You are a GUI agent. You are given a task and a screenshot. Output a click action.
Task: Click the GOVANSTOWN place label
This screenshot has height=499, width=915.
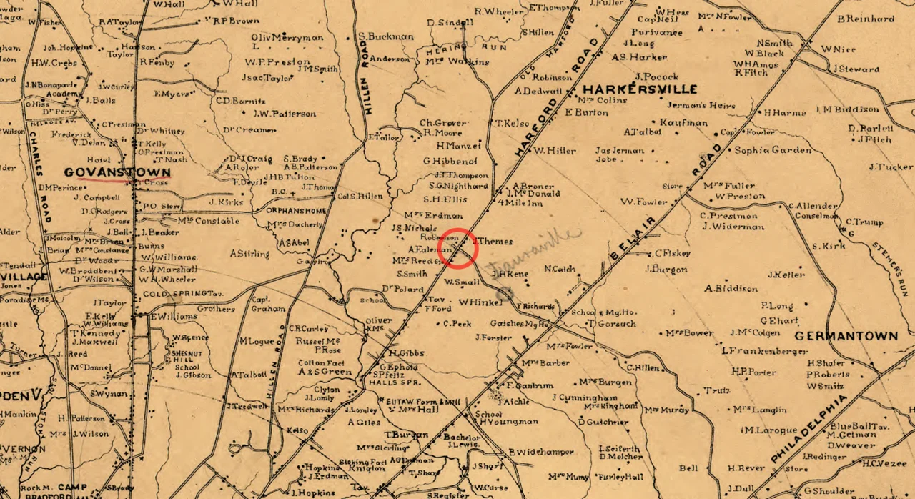point(117,172)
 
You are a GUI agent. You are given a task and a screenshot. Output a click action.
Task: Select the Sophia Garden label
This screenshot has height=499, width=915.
point(773,150)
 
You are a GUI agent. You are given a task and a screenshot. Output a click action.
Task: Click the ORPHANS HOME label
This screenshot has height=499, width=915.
point(296,211)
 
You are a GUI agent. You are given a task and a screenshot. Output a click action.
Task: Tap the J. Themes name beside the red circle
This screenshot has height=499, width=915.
point(493,242)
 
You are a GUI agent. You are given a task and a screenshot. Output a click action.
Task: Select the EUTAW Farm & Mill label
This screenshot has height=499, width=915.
point(420,402)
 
